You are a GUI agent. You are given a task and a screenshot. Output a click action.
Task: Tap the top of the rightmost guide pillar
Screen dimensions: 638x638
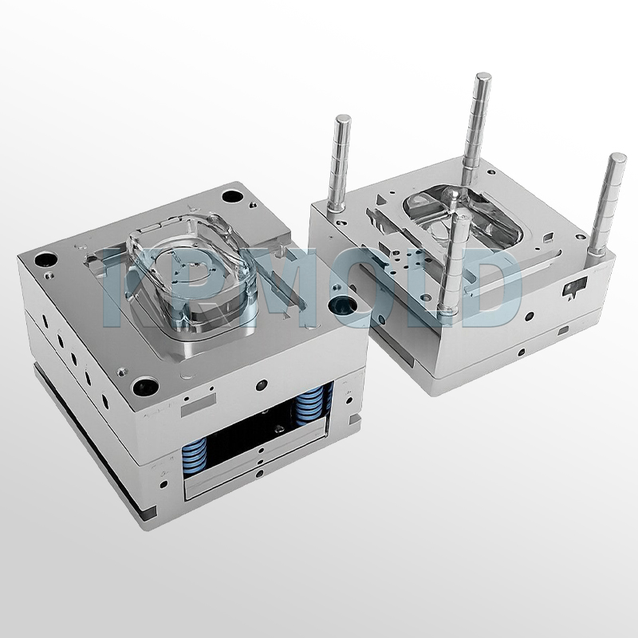(x=617, y=159)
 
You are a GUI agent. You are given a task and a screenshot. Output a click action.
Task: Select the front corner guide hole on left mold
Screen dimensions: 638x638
(x=147, y=384)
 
